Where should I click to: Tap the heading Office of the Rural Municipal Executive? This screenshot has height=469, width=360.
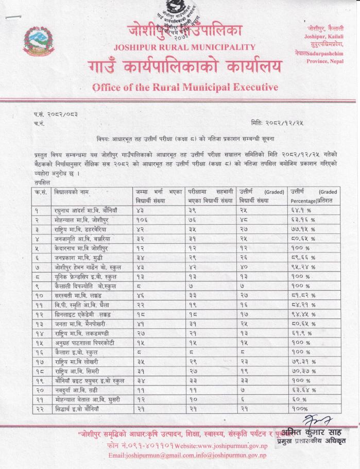185,86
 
